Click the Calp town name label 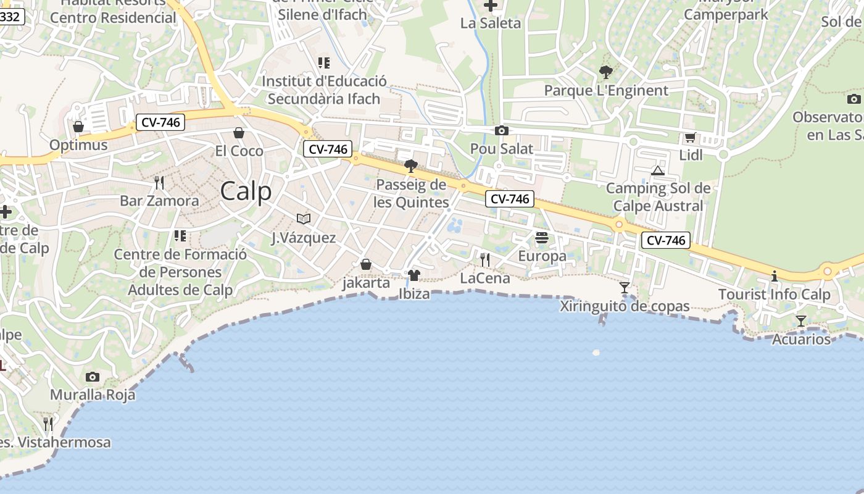pos(246,191)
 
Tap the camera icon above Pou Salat pos(502,130)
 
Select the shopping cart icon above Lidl pos(690,138)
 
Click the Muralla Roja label pos(93,395)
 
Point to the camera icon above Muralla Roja pos(93,377)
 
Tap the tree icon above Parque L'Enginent pos(605,72)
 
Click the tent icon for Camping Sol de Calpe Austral pos(658,170)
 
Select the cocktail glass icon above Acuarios pos(801,321)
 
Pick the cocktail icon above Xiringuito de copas pos(625,288)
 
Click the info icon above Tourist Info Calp pos(775,276)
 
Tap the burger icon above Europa pos(542,238)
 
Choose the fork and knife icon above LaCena pos(485,260)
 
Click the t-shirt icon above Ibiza pos(413,275)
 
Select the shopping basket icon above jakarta pos(366,264)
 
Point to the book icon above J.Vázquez pos(303,219)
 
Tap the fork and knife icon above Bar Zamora pos(159,182)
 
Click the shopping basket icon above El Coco pos(239,133)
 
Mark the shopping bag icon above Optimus pos(78,127)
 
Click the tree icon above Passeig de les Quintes pos(410,165)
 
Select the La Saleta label pos(491,23)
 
